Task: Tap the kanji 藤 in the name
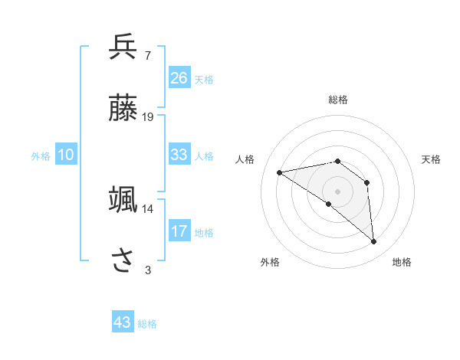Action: [123, 109]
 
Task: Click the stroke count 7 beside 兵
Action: [147, 55]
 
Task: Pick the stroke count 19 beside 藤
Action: [148, 117]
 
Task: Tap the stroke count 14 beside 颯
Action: [148, 208]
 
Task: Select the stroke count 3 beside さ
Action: [148, 270]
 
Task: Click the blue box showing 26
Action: [179, 78]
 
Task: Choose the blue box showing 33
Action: [179, 155]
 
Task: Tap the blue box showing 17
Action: [179, 231]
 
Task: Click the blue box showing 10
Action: [66, 155]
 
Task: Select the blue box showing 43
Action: [123, 322]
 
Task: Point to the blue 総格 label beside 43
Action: [148, 324]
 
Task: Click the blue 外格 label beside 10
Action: [41, 156]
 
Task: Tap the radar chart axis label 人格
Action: [246, 159]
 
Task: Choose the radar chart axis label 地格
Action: [402, 262]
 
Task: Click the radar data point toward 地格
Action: [374, 242]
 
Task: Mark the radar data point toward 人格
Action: [279, 172]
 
